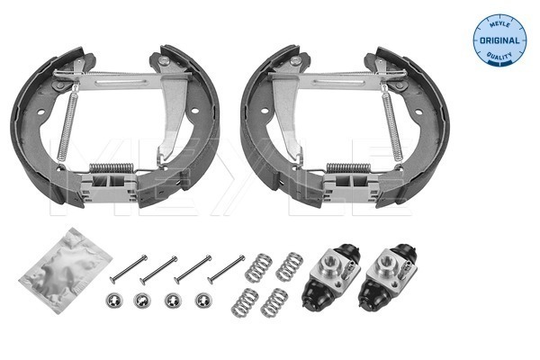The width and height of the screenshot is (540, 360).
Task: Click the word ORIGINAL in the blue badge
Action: click(x=499, y=40)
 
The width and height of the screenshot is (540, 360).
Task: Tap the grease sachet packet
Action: click(x=65, y=270)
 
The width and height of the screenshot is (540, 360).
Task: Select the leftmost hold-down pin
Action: click(x=129, y=269)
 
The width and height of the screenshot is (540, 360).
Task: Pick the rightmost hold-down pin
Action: click(x=227, y=269)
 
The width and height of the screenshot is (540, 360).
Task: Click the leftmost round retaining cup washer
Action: click(x=114, y=301)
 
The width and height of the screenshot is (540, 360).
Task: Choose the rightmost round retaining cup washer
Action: click(x=203, y=301)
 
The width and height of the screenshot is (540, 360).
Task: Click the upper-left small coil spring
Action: click(x=258, y=267)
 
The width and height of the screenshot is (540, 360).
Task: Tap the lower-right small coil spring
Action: click(x=274, y=302)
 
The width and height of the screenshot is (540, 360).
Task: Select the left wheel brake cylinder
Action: click(x=331, y=274)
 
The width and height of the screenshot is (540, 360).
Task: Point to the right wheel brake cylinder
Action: click(x=388, y=276)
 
